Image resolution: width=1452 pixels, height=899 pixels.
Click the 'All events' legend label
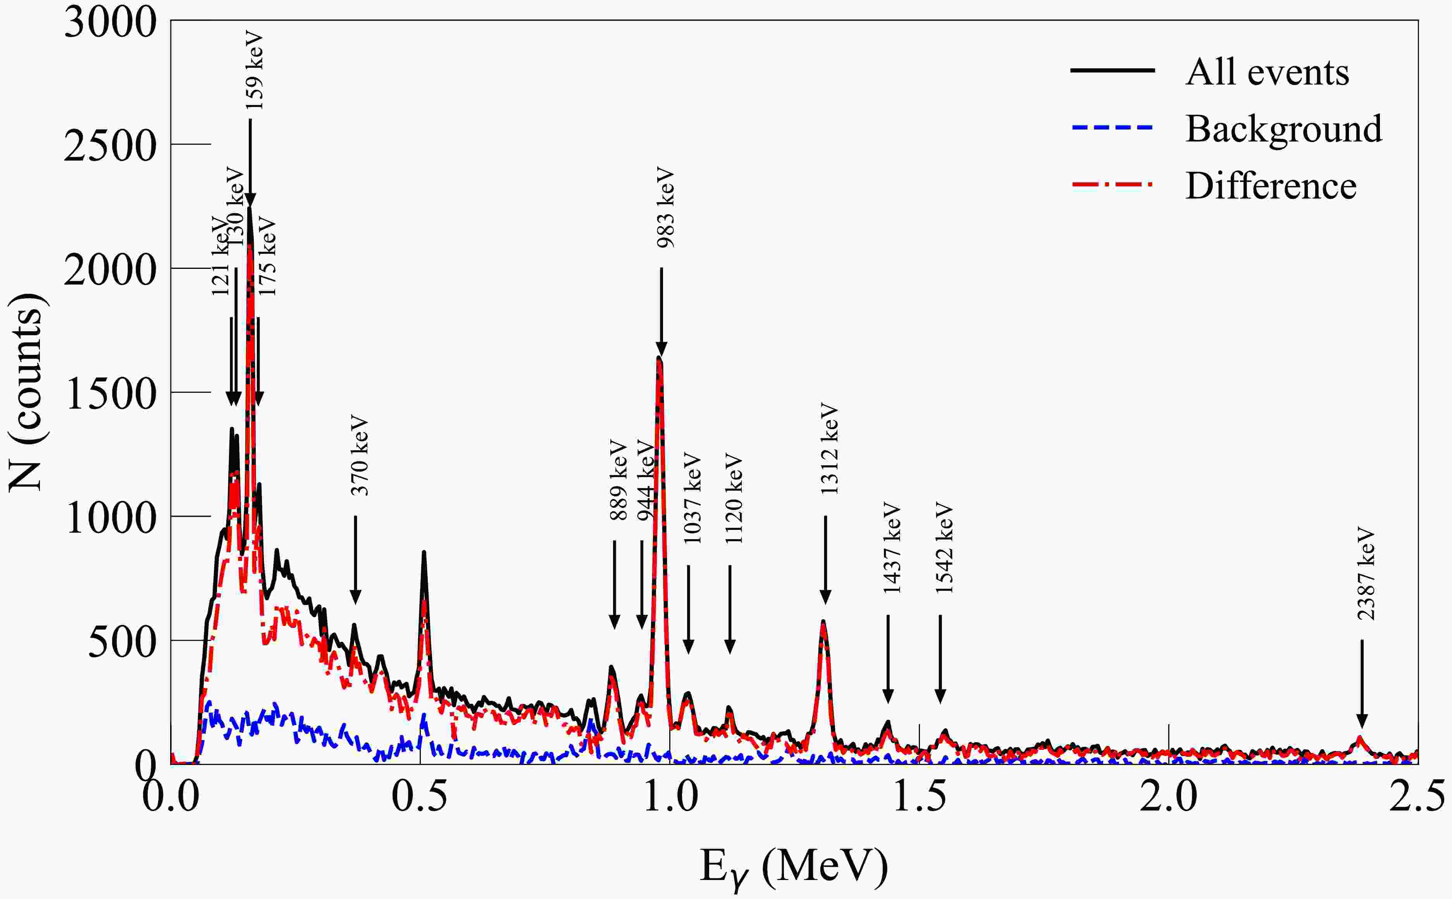1267,72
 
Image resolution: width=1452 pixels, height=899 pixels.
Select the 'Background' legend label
1284,129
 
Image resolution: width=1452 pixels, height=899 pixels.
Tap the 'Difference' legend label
1271,186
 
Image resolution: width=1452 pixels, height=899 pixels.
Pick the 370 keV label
359,456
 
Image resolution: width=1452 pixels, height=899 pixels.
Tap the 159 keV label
254,70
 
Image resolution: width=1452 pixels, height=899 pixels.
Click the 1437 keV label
892,548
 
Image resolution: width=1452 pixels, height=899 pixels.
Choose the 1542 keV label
944,548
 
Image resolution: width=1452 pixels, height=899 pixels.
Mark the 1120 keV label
734,498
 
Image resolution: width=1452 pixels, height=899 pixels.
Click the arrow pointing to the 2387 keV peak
1362,683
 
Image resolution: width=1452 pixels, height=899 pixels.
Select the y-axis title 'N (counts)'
26,392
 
